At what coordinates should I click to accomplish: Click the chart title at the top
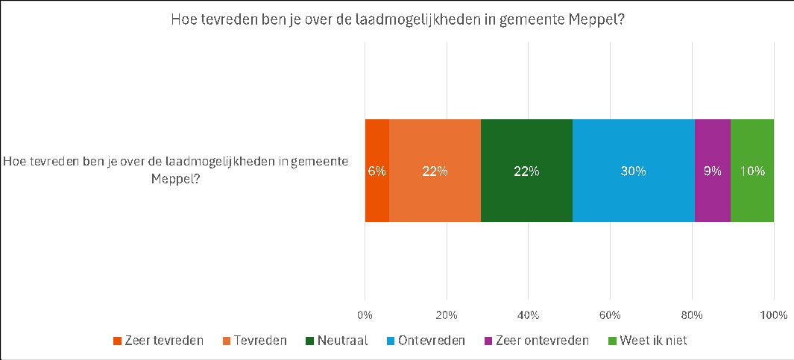[x=397, y=20]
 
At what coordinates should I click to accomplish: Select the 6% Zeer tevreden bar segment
[x=376, y=171]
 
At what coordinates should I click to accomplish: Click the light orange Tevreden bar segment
[x=435, y=171]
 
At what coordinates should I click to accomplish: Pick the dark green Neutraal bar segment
[x=526, y=171]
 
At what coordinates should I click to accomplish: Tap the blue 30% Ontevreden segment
[x=633, y=171]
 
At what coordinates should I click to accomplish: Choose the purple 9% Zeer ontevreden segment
[x=712, y=171]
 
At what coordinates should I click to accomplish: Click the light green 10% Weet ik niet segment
[x=752, y=171]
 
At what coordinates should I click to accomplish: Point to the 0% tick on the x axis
[x=365, y=315]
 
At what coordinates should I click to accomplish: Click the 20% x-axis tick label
[x=446, y=315]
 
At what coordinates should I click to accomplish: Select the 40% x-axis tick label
[x=528, y=315]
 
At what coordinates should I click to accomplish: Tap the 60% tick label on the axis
[x=610, y=315]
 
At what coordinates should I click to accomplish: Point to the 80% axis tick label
[x=692, y=315]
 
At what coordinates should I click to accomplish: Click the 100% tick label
[x=773, y=315]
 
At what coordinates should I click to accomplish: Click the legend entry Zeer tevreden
[x=158, y=341]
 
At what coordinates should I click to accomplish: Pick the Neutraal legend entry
[x=336, y=341]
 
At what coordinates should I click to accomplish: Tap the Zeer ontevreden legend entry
[x=537, y=341]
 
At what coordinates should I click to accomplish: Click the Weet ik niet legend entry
[x=648, y=341]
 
